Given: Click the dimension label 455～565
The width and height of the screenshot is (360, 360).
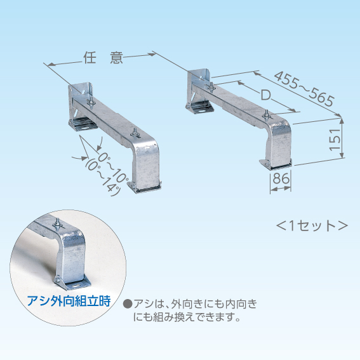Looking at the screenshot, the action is (x=303, y=89).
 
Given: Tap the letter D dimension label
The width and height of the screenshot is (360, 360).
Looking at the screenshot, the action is (x=266, y=95).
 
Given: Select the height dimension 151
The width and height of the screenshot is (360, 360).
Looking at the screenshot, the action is (x=334, y=139).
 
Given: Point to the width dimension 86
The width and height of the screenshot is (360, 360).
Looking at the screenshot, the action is (x=281, y=178).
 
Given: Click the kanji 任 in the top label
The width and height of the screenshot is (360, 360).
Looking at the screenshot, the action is (x=90, y=57).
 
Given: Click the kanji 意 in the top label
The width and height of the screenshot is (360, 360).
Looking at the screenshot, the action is (x=116, y=57).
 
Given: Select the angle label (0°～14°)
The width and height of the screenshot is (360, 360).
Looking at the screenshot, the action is (x=103, y=177).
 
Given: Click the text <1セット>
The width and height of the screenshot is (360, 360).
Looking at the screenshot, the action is (x=312, y=225).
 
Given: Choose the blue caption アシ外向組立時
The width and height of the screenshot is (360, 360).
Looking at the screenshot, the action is (x=69, y=301).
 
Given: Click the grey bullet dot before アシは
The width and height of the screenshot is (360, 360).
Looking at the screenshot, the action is (x=128, y=304).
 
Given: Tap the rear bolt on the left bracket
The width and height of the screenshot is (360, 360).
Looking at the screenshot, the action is (x=91, y=102).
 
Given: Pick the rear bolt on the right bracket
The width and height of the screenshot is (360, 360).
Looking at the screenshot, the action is (x=211, y=87).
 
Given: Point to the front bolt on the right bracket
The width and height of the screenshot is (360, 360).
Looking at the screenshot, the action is (x=267, y=114).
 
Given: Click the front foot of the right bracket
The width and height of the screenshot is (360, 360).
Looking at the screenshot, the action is (x=276, y=163).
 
